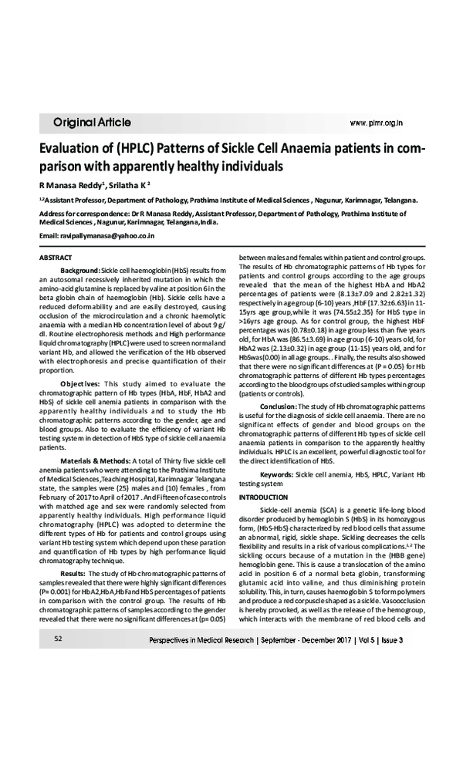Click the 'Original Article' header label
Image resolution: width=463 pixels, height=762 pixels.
click(x=92, y=123)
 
